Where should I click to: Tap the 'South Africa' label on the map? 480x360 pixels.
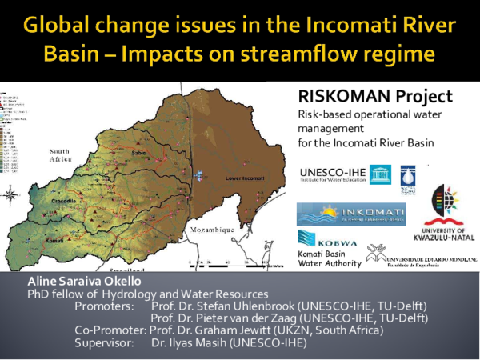pyautogui.click(x=65, y=155)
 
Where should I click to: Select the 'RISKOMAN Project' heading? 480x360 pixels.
pyautogui.click(x=374, y=97)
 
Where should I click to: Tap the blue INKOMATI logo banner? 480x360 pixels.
pyautogui.click(x=350, y=214)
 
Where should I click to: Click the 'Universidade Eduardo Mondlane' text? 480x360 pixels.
pyautogui.click(x=435, y=259)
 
